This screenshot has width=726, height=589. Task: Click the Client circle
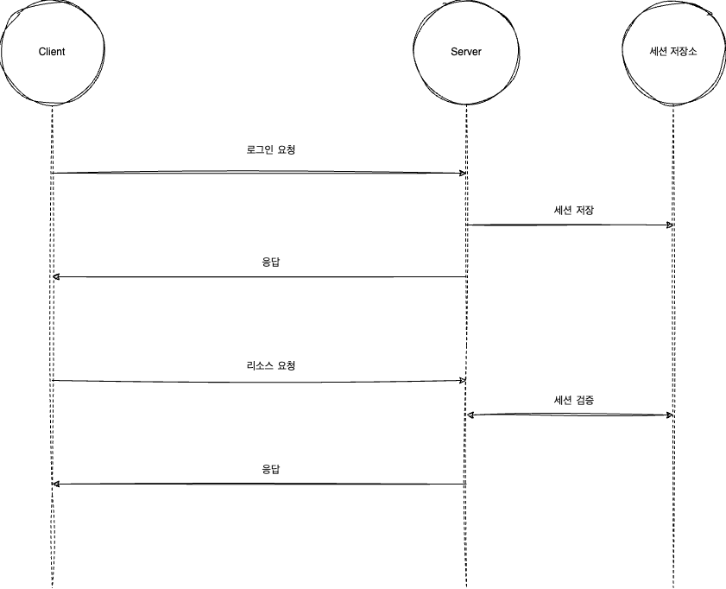[52, 52]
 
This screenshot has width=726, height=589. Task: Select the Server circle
[466, 52]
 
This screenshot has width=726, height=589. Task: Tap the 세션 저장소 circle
[673, 52]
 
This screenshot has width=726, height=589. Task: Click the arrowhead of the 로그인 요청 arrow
[463, 174]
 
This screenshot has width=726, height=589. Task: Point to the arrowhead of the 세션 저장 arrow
[669, 225]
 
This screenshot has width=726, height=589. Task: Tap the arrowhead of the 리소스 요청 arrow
[463, 381]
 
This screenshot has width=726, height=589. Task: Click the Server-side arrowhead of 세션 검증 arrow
[470, 415]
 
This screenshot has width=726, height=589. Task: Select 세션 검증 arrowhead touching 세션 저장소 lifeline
[669, 415]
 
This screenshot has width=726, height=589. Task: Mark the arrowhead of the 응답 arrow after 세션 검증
[56, 484]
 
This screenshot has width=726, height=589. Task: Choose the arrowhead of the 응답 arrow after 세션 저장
[56, 276]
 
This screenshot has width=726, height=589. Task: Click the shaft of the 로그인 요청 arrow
[259, 173]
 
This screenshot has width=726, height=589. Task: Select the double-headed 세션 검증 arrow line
[570, 415]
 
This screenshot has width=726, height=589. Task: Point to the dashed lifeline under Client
[52, 535]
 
